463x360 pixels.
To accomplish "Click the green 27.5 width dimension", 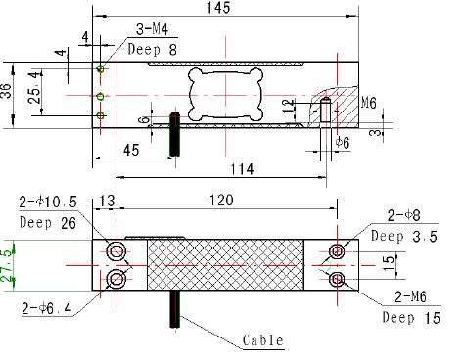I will tap(7, 263).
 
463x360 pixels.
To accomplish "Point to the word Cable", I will tap(262, 340).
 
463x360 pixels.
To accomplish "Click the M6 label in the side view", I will tap(368, 101).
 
